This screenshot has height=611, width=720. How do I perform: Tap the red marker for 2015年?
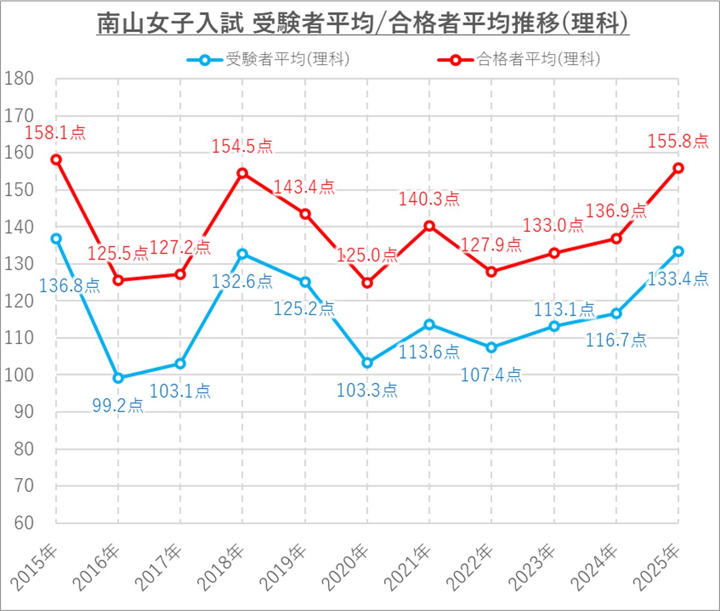(x=56, y=160)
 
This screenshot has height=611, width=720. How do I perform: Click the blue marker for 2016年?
(x=118, y=378)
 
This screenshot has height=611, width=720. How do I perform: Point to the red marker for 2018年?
(x=242, y=173)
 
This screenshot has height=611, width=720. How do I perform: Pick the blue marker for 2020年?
(x=367, y=363)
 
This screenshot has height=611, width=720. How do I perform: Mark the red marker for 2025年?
(x=678, y=168)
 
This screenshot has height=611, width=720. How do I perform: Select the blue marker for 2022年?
(x=491, y=348)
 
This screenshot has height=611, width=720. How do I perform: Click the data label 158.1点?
(x=55, y=132)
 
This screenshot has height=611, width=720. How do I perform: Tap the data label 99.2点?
(x=118, y=405)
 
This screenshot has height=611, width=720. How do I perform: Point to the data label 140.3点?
(x=429, y=199)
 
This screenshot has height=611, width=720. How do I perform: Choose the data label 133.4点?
(x=678, y=279)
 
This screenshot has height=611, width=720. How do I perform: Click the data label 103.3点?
(x=367, y=390)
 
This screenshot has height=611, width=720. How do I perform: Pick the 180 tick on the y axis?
(x=19, y=79)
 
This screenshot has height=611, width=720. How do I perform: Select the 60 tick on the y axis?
(x=24, y=522)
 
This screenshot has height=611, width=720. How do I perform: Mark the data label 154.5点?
(x=242, y=146)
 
